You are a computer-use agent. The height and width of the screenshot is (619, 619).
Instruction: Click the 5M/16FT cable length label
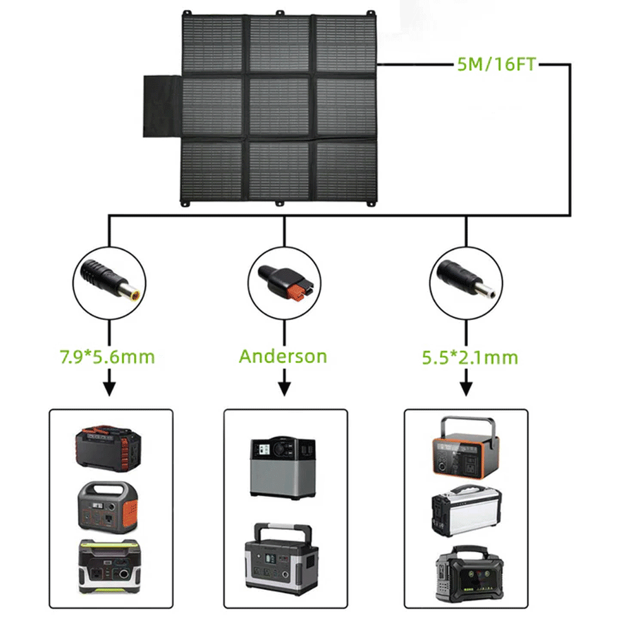click(x=495, y=64)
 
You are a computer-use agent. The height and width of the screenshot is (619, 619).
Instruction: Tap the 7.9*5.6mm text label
click(x=108, y=357)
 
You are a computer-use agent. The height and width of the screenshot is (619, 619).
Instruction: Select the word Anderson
click(x=283, y=357)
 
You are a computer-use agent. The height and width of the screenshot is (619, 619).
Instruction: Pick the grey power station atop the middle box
click(x=282, y=467)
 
